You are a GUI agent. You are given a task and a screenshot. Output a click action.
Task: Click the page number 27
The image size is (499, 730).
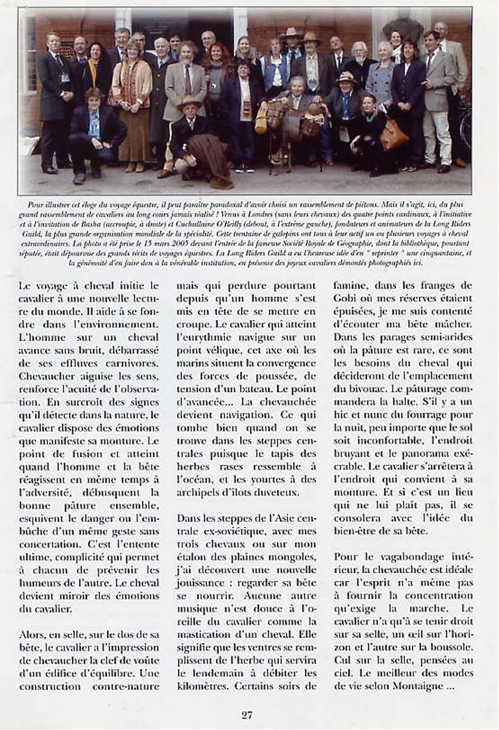click(247, 715)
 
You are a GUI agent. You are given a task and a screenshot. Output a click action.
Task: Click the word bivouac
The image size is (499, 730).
click(359, 390)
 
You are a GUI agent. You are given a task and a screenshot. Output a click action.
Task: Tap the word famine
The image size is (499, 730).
click(352, 285)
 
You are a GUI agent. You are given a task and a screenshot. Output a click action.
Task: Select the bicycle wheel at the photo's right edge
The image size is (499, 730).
click(465, 123)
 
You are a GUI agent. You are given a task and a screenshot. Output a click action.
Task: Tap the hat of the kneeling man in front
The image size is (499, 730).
click(190, 102)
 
